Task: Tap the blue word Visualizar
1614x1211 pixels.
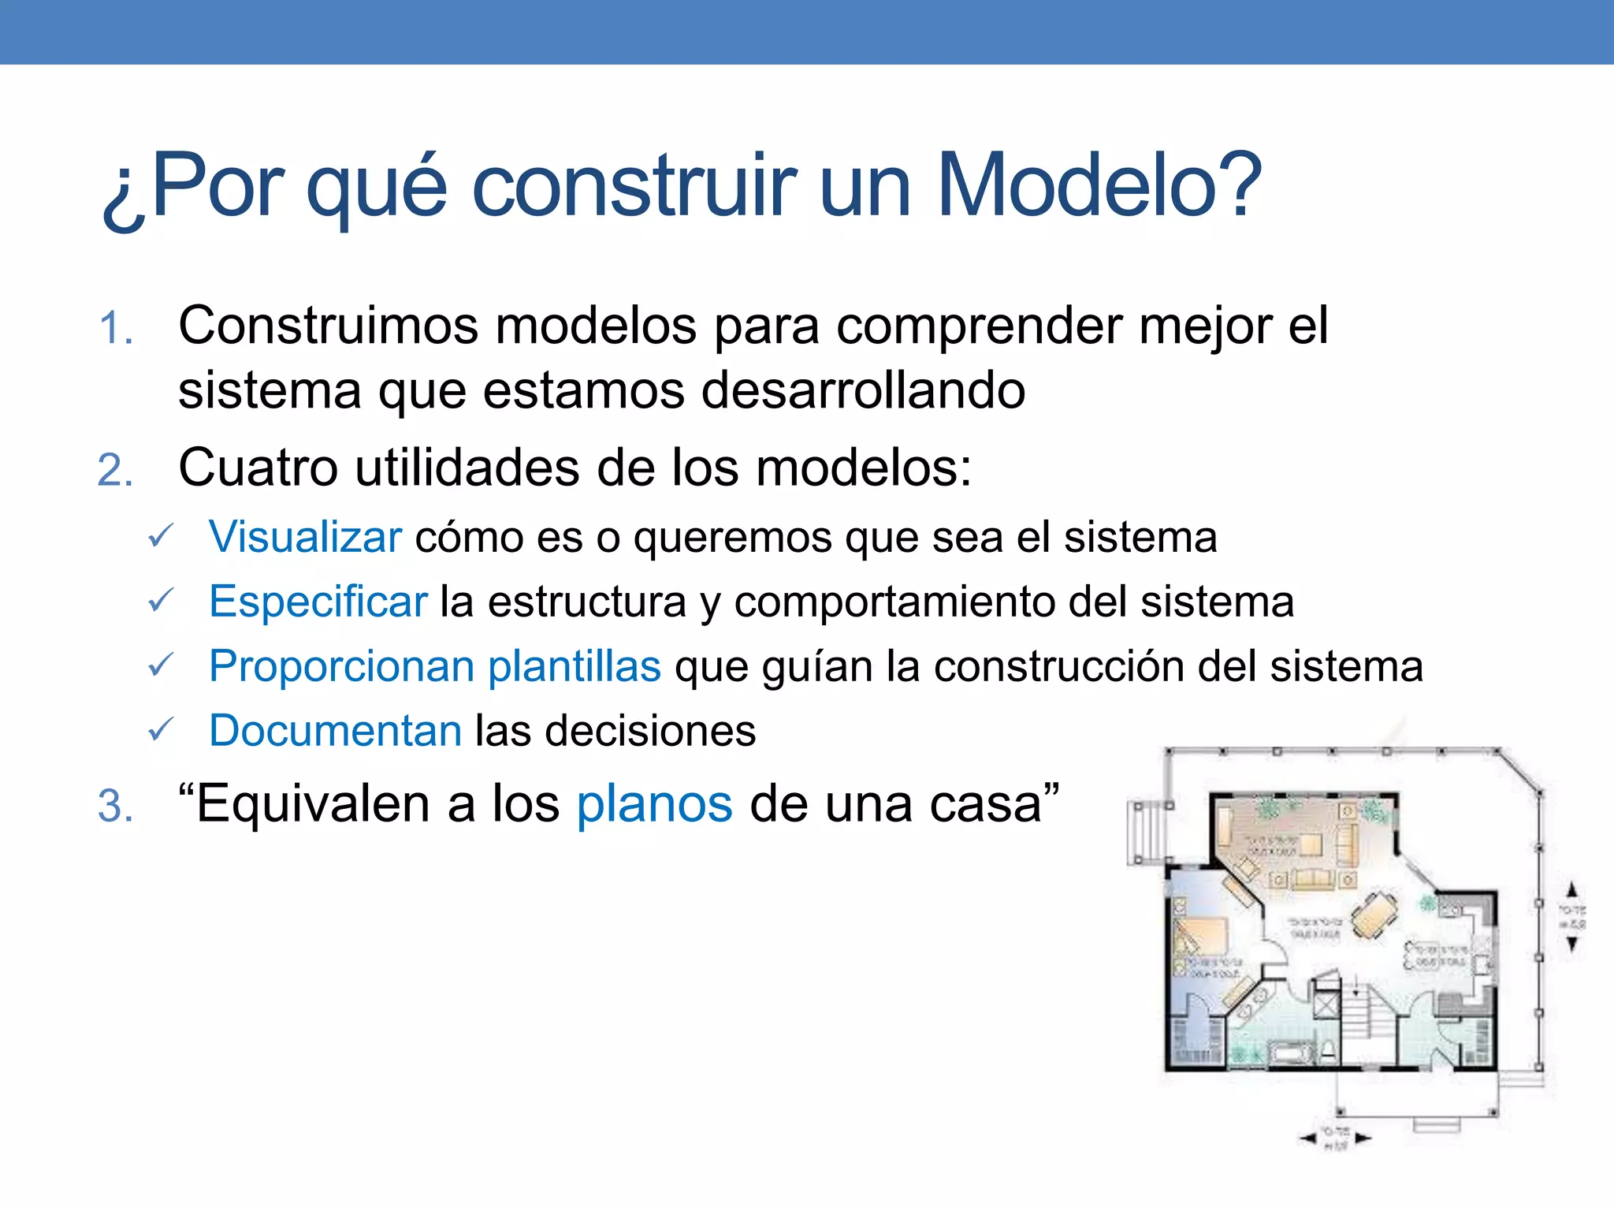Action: point(305,538)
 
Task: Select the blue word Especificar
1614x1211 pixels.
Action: point(318,602)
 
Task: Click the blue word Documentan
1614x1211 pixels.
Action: point(335,731)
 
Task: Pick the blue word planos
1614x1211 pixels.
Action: point(654,805)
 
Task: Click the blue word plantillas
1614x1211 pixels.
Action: point(574,666)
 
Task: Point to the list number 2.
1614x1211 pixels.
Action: point(114,471)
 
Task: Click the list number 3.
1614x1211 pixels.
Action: point(114,807)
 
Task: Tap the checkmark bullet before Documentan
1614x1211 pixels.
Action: point(160,730)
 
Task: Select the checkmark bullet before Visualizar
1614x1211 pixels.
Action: point(160,537)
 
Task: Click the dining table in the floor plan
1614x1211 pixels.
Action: point(1374,915)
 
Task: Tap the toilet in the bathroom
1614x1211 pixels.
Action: point(1328,1049)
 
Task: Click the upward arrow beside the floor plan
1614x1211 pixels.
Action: point(1572,890)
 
